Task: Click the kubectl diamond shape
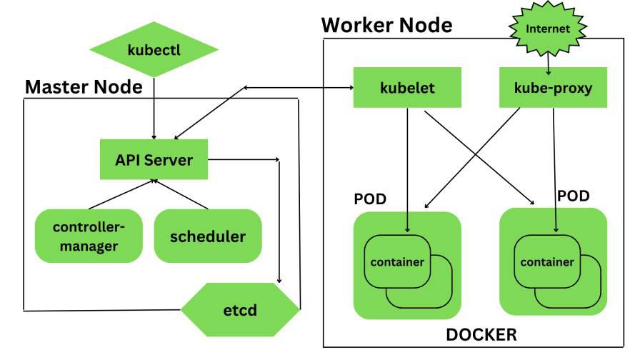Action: [x=154, y=50]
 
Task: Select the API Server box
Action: [x=154, y=159]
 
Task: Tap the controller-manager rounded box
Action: [x=89, y=236]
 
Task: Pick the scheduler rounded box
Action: [x=207, y=236]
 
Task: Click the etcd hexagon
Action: [x=240, y=311]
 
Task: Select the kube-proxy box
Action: [x=553, y=88]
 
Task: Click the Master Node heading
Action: [x=84, y=87]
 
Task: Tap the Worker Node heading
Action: [x=386, y=25]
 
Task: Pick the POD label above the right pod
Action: [x=574, y=196]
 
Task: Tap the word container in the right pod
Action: [x=547, y=262]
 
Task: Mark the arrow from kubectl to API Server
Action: [x=154, y=107]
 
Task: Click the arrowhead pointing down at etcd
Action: [x=279, y=281]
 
